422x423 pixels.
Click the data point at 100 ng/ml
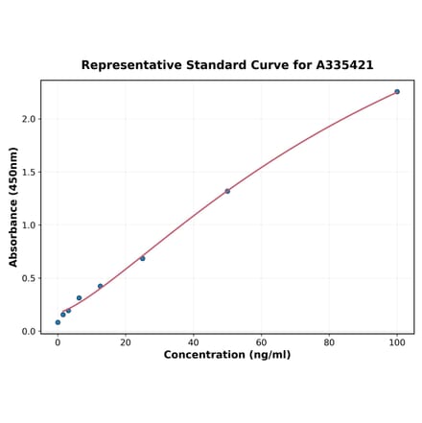[397, 92]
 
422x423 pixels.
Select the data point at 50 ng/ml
[227, 191]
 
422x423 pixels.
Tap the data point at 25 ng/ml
[143, 258]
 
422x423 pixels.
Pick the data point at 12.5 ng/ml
[100, 286]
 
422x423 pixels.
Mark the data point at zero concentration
[58, 322]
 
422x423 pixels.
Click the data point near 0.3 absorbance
[79, 298]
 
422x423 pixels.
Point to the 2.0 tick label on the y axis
[28, 120]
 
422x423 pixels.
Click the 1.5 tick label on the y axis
[28, 173]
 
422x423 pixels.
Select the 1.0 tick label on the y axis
[28, 225]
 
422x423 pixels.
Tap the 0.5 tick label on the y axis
[28, 279]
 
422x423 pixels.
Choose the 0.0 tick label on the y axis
[28, 332]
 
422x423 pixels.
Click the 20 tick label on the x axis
[126, 342]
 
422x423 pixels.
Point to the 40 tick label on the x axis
[194, 342]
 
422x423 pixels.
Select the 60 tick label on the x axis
[261, 342]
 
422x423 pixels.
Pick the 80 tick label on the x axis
[329, 342]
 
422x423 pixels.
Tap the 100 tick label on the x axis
[397, 342]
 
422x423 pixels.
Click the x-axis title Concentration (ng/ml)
[227, 356]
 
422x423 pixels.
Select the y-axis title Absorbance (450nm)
[13, 206]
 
